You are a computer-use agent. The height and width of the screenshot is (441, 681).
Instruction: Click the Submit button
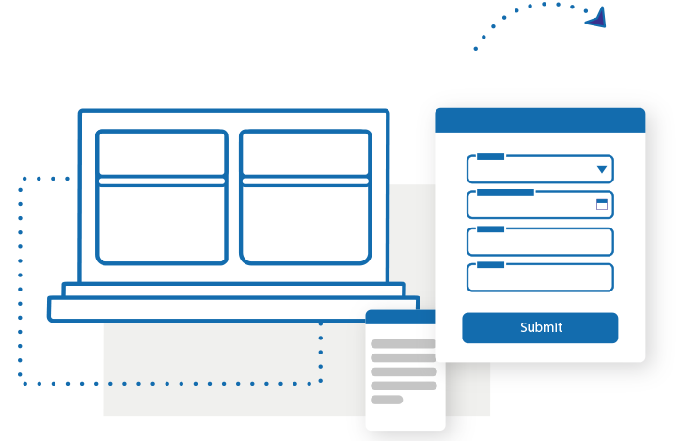coord(540,328)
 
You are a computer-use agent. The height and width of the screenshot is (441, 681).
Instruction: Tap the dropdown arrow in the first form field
coord(602,169)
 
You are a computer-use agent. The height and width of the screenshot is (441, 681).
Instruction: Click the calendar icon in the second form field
coord(602,204)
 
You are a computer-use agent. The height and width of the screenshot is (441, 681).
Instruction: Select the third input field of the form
coord(540,242)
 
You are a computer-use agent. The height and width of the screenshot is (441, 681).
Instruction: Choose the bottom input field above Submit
coord(540,277)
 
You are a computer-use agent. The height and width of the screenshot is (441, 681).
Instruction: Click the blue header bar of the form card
coord(540,120)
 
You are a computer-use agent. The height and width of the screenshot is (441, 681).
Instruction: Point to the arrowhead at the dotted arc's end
coord(596,18)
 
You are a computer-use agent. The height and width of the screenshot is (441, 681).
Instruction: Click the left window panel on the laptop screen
coord(162,197)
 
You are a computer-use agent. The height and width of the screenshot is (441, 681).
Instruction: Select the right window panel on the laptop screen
coord(306,197)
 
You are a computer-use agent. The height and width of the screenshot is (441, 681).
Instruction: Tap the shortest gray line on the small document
coord(387,400)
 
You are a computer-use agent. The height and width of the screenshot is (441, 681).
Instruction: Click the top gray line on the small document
coord(403,344)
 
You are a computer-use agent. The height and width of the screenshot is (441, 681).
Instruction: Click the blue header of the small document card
coord(400,317)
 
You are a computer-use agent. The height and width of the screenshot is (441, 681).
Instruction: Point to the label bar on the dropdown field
coord(490,157)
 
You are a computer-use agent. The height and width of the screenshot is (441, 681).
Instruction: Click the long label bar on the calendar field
coord(505,192)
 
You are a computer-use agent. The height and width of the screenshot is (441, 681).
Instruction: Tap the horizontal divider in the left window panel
coord(162,181)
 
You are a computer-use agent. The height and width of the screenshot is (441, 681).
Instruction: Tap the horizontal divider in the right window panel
coord(306,181)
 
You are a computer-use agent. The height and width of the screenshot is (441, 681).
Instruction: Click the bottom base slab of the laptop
coord(233,309)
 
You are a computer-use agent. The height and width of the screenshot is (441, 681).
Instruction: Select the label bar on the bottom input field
coord(490,265)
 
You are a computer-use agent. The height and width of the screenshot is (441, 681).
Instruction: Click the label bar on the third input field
coord(490,229)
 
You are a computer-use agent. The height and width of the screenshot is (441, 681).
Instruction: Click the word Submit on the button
coord(541,327)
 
